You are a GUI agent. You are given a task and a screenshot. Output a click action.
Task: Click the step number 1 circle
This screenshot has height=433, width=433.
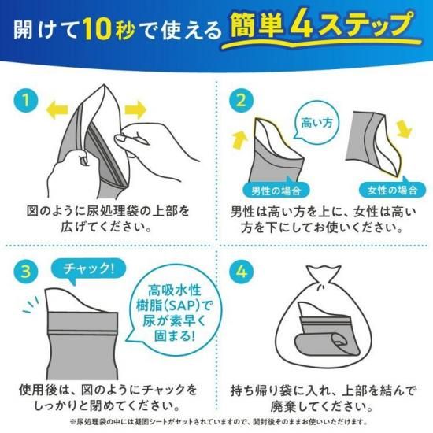(x=26, y=100)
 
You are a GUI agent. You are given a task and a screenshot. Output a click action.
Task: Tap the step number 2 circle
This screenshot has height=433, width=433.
(x=242, y=100)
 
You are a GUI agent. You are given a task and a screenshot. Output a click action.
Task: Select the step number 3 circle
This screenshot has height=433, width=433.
(x=26, y=271)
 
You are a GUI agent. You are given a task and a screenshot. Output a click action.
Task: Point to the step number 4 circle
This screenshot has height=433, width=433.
(x=242, y=271)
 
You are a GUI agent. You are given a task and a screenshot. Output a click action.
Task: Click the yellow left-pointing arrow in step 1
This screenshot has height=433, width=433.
(x=57, y=110)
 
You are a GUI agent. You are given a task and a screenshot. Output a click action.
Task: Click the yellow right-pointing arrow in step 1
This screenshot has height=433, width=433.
(x=135, y=110)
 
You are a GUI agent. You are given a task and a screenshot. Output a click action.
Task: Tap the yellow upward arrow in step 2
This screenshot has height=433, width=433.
(x=239, y=139)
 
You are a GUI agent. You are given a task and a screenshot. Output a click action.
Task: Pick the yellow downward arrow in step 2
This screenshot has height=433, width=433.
(x=404, y=128)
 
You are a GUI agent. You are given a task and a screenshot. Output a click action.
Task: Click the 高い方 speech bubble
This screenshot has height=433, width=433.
(x=316, y=121)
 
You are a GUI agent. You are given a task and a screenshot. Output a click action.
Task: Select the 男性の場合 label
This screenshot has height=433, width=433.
(x=276, y=189)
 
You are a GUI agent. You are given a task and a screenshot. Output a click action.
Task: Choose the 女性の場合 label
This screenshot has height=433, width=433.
(x=392, y=189)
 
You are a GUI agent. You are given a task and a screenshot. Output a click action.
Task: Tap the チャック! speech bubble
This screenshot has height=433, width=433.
(x=88, y=269)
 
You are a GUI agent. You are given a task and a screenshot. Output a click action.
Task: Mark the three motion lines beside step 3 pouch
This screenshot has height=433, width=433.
(x=31, y=305)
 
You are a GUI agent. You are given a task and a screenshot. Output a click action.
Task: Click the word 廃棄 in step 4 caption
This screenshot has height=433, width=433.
(x=287, y=406)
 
